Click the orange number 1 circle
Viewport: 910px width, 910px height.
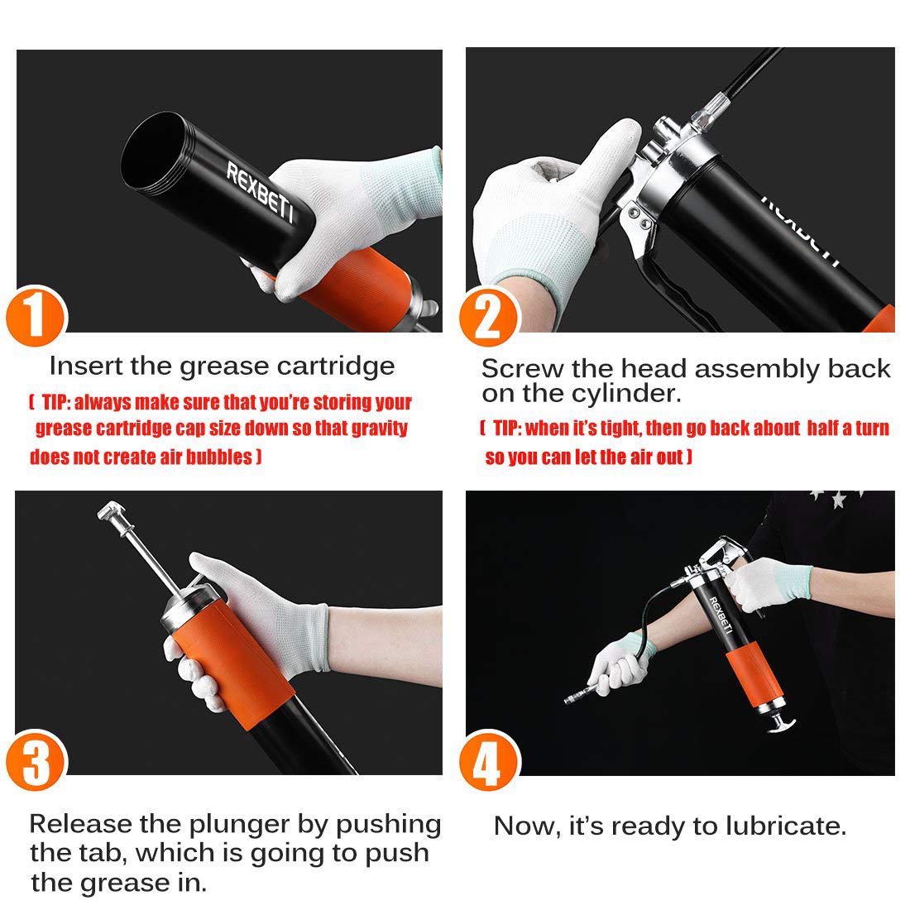(x=36, y=316)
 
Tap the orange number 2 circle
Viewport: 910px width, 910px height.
(x=488, y=318)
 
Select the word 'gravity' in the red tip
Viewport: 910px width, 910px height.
(x=379, y=429)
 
